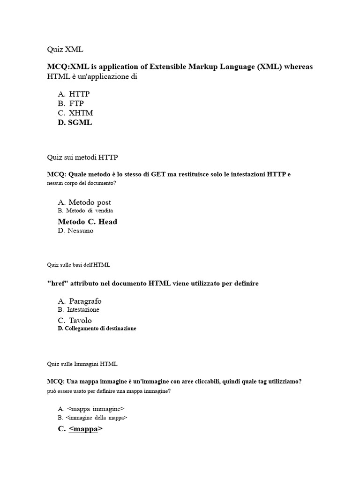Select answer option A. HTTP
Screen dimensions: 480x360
[x=74, y=94]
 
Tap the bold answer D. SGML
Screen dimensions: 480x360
[x=75, y=123]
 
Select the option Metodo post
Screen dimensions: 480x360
[x=85, y=202]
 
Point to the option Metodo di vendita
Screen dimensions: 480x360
[x=86, y=211]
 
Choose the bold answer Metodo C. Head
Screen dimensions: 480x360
[x=88, y=222]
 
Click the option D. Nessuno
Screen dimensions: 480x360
[x=76, y=231]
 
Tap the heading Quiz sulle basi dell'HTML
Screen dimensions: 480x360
[x=78, y=265]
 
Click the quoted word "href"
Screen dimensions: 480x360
[x=57, y=284]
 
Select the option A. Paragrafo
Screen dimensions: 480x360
[x=80, y=301]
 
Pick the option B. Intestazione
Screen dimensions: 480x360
[x=79, y=310]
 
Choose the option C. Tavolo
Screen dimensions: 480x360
[x=75, y=321]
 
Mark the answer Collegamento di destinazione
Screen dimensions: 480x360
[x=97, y=329]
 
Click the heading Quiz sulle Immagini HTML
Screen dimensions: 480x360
[x=82, y=364]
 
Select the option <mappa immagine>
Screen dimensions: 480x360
[x=91, y=409]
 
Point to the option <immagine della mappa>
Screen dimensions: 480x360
[x=93, y=417]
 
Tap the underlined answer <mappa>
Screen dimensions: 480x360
[x=81, y=428]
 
